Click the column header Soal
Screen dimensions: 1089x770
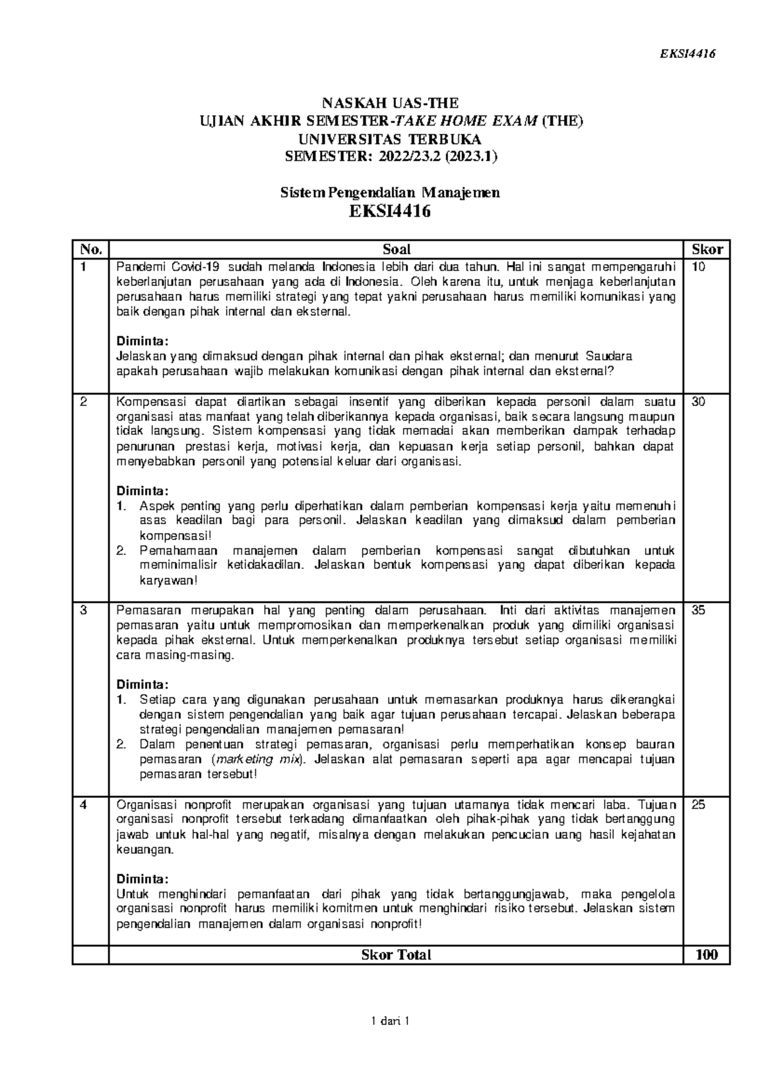coord(396,249)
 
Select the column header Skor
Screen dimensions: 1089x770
coord(706,249)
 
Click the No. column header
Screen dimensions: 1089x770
coord(89,249)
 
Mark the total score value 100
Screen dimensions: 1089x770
coord(706,954)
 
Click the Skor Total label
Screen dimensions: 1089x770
coord(396,954)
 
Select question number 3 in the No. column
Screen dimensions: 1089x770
coord(82,611)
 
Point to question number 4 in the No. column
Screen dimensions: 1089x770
coord(82,805)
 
